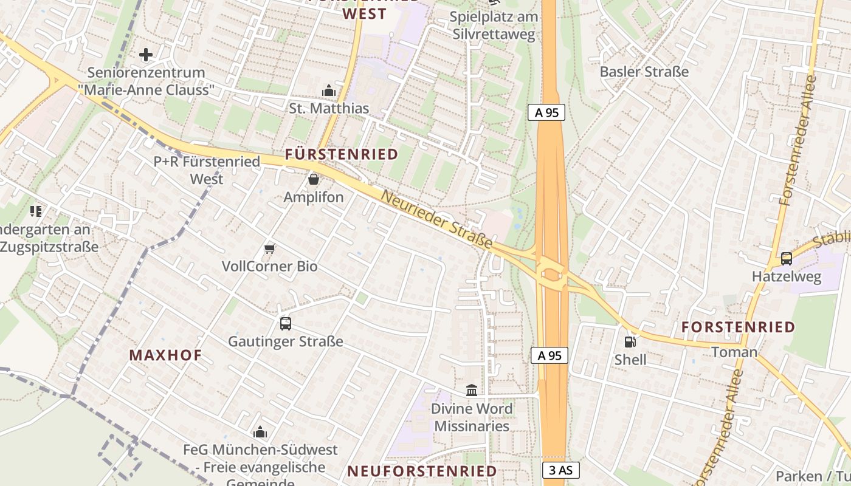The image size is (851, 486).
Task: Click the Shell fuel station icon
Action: pyautogui.click(x=630, y=342)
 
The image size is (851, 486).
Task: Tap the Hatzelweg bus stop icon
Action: pyautogui.click(x=787, y=259)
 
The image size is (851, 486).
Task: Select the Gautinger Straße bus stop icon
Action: pyautogui.click(x=285, y=324)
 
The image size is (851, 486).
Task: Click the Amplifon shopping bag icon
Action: pyautogui.click(x=314, y=179)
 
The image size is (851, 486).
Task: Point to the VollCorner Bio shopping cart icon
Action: pyautogui.click(x=269, y=248)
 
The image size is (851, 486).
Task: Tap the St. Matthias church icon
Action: pyautogui.click(x=329, y=91)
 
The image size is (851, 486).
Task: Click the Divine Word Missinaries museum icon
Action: pyautogui.click(x=471, y=390)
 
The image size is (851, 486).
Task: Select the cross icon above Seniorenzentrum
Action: pyautogui.click(x=146, y=55)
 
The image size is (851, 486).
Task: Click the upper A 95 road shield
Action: pyautogui.click(x=546, y=112)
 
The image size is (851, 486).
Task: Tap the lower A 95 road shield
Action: pyautogui.click(x=550, y=355)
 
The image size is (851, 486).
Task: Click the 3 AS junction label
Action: pyautogui.click(x=560, y=470)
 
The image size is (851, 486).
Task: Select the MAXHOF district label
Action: pyautogui.click(x=165, y=355)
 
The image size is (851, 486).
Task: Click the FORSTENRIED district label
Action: pyautogui.click(x=738, y=327)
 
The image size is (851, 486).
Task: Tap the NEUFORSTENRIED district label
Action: pyautogui.click(x=422, y=471)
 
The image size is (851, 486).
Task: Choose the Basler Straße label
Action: pyautogui.click(x=644, y=72)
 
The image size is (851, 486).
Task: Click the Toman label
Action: pyautogui.click(x=734, y=352)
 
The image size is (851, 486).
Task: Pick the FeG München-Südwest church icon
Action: pyautogui.click(x=260, y=432)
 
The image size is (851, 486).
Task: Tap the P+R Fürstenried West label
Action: pyautogui.click(x=207, y=170)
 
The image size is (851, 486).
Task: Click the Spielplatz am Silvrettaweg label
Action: pyautogui.click(x=494, y=25)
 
